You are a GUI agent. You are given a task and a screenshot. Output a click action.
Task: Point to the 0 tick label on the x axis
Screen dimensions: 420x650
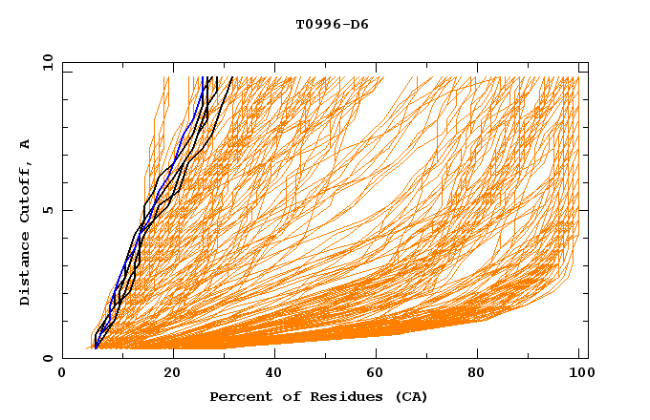coord(62,374)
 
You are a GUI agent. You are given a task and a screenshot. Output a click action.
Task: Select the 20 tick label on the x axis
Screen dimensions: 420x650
coord(172,374)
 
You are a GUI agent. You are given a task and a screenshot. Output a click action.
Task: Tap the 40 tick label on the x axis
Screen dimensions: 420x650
coord(275,374)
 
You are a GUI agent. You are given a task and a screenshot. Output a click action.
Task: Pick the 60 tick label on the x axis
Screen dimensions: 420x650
coord(379,374)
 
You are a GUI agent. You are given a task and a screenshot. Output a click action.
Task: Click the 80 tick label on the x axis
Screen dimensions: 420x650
coord(482,374)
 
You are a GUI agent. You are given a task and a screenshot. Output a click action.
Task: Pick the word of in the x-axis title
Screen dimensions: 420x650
coord(285,397)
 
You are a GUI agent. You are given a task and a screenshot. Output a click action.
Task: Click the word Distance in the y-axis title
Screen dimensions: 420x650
coord(26,269)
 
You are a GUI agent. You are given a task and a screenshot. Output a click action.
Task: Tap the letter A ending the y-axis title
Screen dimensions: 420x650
coord(26,144)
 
